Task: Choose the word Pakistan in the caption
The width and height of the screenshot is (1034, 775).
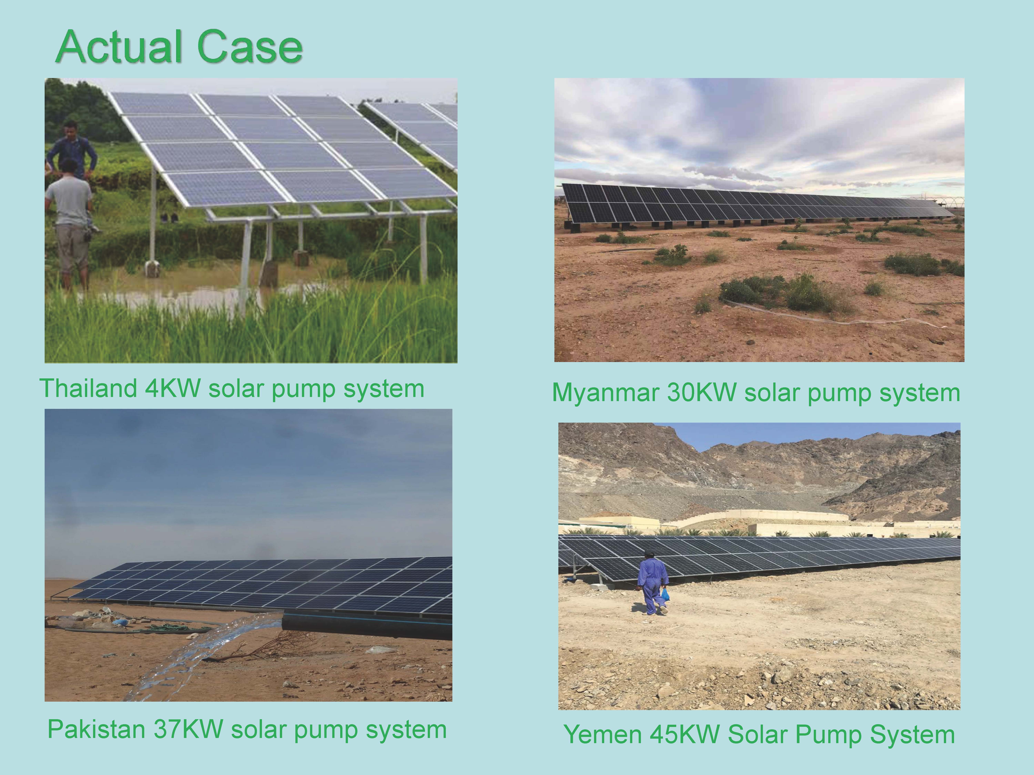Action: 97,729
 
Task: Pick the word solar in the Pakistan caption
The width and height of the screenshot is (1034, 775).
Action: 258,729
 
